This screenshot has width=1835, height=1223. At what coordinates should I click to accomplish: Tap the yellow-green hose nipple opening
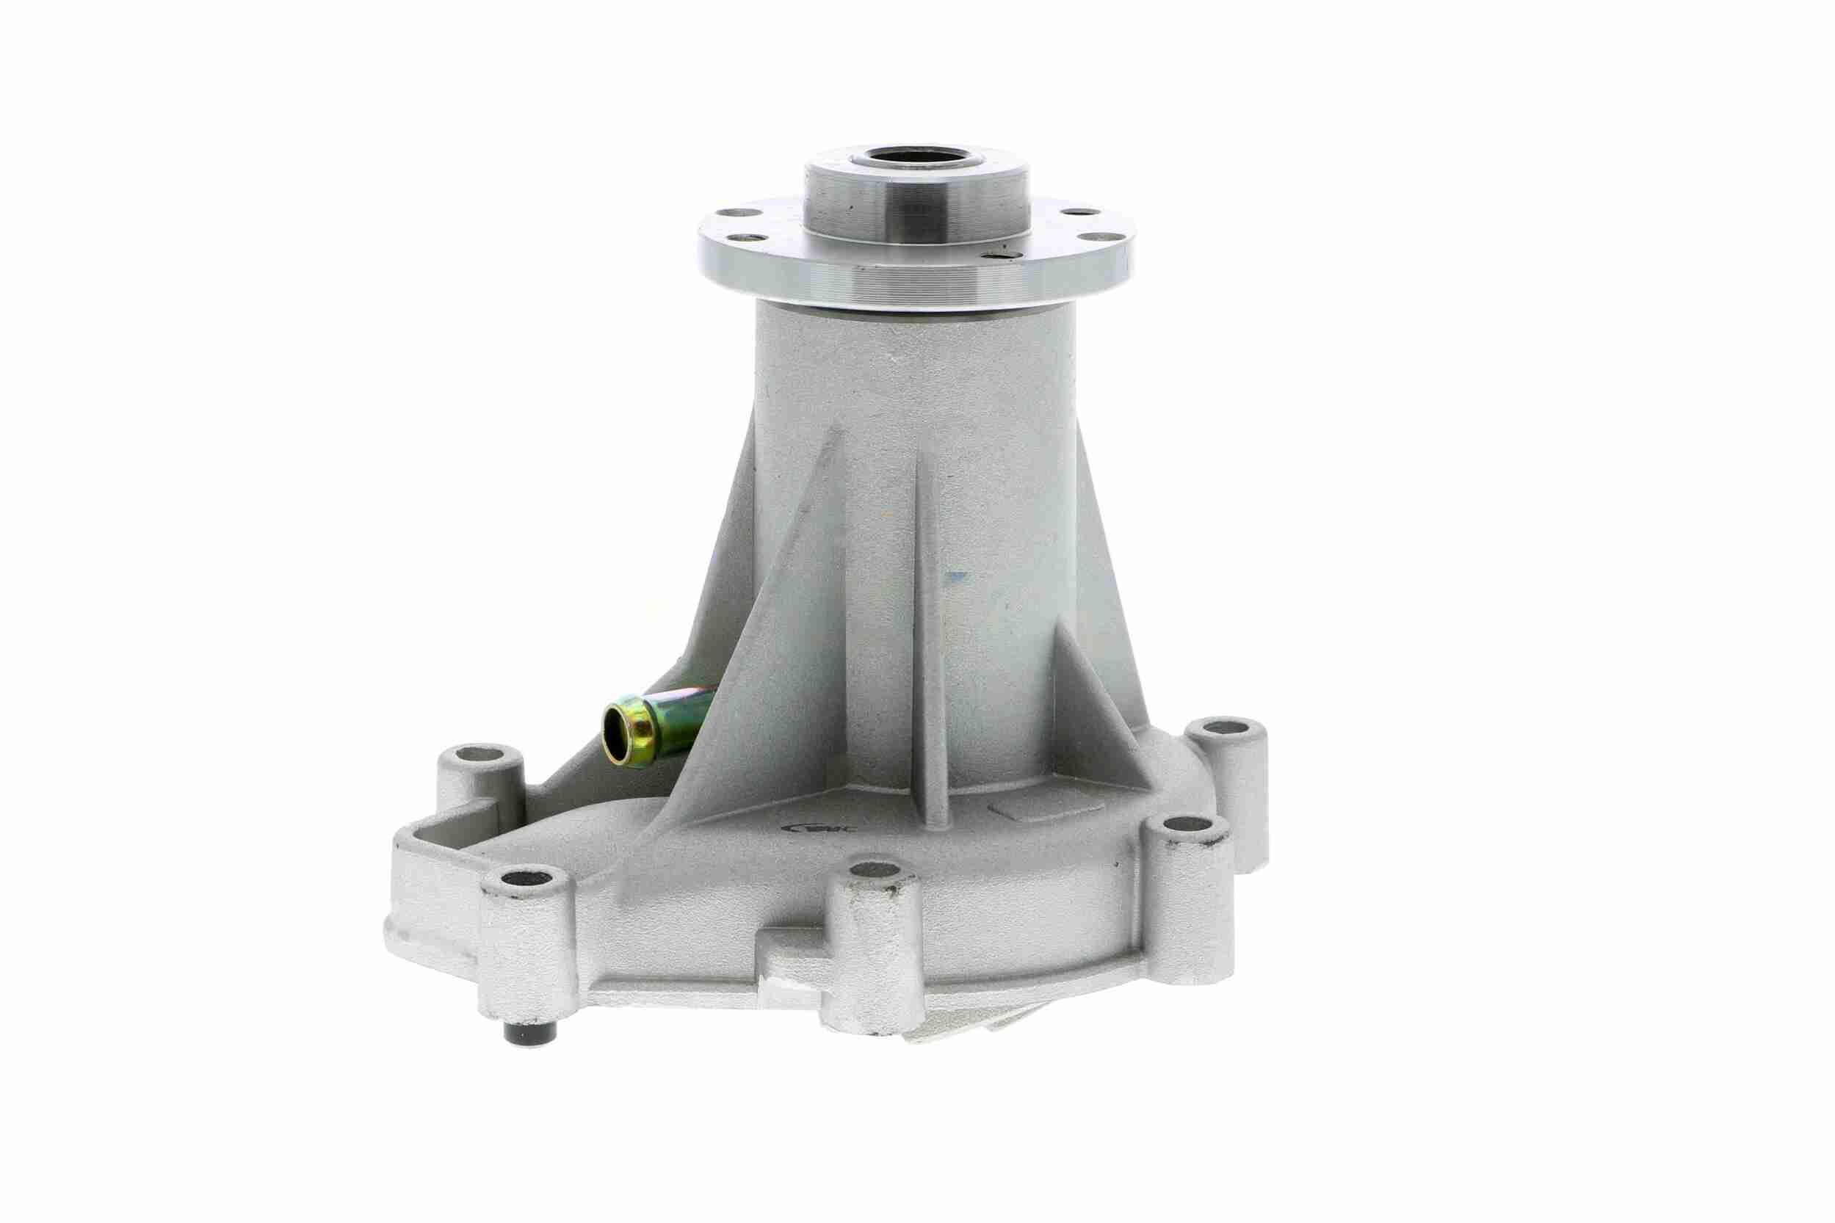[x=618, y=732]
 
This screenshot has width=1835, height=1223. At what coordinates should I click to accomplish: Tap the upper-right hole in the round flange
[x=1076, y=211]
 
